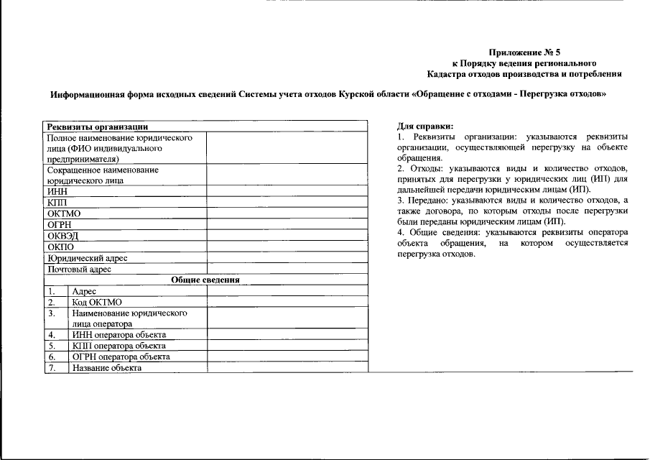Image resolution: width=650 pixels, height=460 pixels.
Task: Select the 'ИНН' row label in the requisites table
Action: (57, 191)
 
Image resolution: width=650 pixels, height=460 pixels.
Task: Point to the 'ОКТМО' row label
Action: (63, 213)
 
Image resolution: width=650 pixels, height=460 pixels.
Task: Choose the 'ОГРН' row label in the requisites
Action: (59, 224)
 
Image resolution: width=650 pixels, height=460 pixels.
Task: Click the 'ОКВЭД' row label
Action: (62, 235)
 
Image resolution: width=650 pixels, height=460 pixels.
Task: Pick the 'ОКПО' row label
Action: (60, 247)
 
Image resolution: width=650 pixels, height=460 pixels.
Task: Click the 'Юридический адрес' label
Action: (88, 258)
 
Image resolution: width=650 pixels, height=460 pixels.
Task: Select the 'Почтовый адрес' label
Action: (79, 269)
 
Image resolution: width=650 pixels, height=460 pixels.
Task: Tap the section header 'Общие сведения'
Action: (205, 280)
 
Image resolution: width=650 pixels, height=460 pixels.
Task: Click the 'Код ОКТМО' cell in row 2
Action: (97, 302)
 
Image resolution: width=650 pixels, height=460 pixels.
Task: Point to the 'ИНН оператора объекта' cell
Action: (119, 334)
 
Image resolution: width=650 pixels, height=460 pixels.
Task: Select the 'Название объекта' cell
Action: (107, 367)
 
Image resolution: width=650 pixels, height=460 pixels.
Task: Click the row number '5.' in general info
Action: (52, 346)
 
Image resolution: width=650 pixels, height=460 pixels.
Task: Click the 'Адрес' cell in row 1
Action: (85, 291)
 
